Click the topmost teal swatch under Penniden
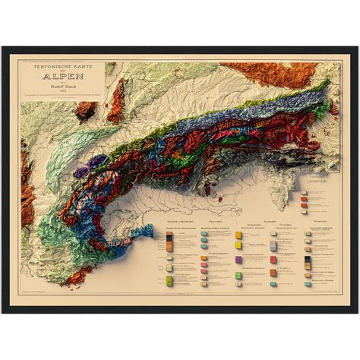[x=204, y=235]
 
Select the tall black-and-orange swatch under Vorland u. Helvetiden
[x=168, y=244]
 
